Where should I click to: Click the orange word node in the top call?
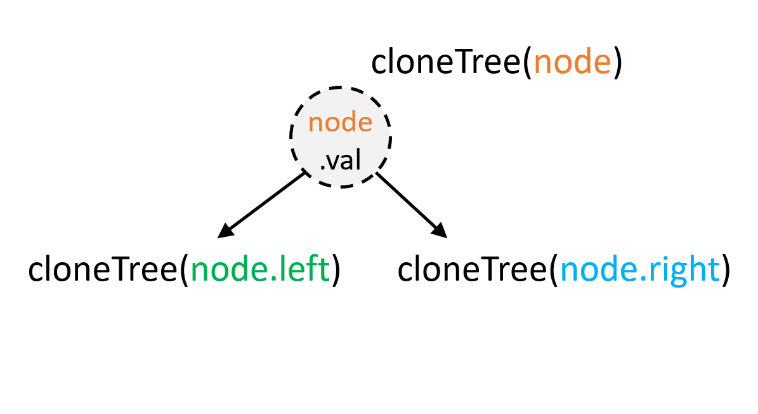pyautogui.click(x=572, y=63)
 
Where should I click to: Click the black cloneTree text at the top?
pyautogui.click(x=446, y=63)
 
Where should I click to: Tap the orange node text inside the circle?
pyautogui.click(x=340, y=122)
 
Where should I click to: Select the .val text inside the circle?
pyautogui.click(x=340, y=161)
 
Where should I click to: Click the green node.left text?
pyautogui.click(x=260, y=270)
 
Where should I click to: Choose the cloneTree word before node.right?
pyautogui.click(x=473, y=270)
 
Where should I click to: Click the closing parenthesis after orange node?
pyautogui.click(x=617, y=64)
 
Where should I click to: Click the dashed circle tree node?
pyautogui.click(x=340, y=137)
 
